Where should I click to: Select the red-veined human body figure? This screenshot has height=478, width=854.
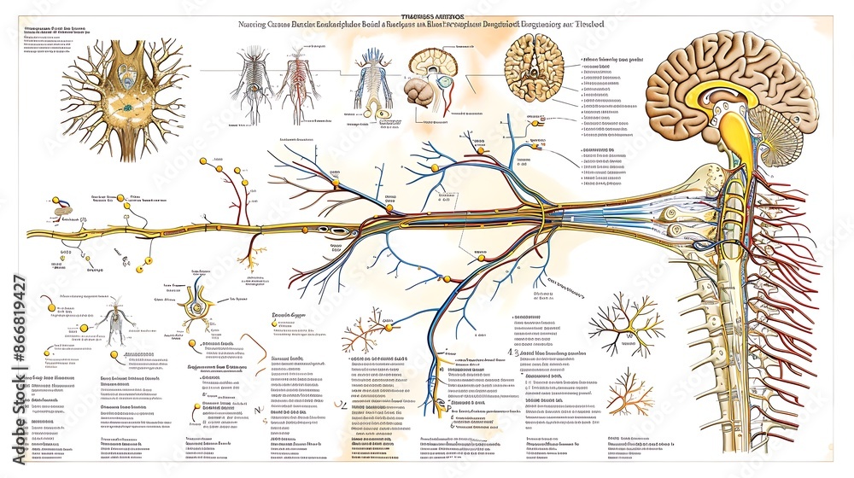[x=295, y=85]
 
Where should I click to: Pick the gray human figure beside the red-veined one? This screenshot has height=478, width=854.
[x=254, y=85]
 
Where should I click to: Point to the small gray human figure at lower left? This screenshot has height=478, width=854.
[x=112, y=324]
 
